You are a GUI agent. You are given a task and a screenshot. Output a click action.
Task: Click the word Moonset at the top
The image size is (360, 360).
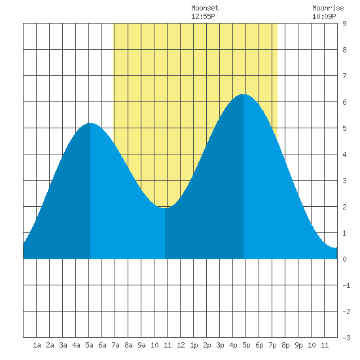point(205,8)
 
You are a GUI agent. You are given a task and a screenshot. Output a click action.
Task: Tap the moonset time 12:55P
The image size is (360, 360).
point(203,16)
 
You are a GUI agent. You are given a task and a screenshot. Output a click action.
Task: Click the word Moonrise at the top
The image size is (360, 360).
point(328,8)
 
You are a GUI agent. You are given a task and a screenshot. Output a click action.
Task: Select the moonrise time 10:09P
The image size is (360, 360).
point(324,16)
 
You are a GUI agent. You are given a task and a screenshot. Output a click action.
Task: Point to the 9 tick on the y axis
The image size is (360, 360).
point(344,24)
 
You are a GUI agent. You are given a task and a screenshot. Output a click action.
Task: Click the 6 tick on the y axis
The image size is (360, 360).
point(344,102)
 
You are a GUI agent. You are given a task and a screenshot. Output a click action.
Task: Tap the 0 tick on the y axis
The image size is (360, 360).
point(344,259)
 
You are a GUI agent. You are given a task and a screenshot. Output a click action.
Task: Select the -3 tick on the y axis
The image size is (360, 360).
point(346,338)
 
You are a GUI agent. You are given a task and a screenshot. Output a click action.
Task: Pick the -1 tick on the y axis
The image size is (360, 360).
point(346,285)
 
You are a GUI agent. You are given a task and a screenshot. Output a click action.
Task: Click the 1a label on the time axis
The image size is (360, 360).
point(37,345)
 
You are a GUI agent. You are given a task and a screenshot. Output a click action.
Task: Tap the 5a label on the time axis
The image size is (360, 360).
point(89,345)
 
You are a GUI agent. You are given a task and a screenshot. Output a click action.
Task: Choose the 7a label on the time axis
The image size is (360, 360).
point(115,345)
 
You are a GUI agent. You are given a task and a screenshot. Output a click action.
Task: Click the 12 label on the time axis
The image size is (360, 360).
point(181,345)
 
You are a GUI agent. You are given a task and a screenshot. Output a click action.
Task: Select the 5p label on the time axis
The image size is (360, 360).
point(246,345)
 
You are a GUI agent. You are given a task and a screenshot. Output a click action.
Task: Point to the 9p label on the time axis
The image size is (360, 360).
point(298,345)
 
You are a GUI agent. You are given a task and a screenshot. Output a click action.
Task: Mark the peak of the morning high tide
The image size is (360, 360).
point(90,123)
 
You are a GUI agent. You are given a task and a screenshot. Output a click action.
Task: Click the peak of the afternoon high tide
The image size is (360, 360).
point(243,94)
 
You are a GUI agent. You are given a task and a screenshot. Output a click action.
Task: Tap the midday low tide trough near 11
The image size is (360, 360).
point(165,208)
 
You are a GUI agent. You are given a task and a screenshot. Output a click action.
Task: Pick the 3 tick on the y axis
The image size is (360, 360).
point(344,181)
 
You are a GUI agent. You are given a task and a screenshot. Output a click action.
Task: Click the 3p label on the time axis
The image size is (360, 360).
point(220,345)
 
